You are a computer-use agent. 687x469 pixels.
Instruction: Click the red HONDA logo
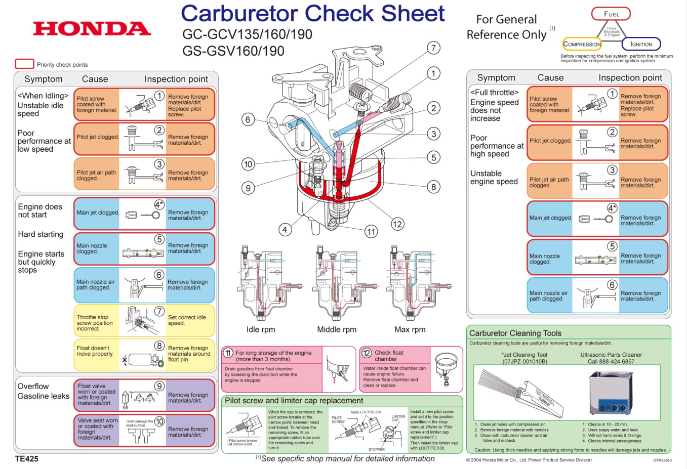[92, 29]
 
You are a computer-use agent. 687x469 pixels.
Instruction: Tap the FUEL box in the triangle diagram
[611, 14]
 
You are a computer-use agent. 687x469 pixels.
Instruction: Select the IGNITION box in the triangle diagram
[641, 44]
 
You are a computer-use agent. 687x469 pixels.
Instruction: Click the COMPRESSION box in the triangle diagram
[582, 44]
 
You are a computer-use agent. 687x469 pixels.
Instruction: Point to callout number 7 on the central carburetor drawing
[433, 48]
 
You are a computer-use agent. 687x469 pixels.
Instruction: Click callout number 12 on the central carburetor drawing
[397, 224]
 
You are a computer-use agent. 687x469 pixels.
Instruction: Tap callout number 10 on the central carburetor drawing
[248, 164]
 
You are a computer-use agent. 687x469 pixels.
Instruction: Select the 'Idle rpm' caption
[261, 329]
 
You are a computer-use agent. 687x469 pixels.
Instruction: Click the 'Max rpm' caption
[410, 329]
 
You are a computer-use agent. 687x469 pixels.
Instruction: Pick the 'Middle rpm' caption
[337, 329]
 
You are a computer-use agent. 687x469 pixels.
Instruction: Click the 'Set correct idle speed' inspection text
[187, 320]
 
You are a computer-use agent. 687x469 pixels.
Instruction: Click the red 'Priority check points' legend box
[24, 64]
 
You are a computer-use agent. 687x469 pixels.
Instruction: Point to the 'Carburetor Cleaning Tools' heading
[515, 333]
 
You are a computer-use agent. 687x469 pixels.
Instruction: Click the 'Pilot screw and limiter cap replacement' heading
[294, 401]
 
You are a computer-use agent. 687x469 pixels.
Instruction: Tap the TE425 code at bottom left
[27, 459]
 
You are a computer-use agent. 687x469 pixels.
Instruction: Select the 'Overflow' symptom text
[33, 386]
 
